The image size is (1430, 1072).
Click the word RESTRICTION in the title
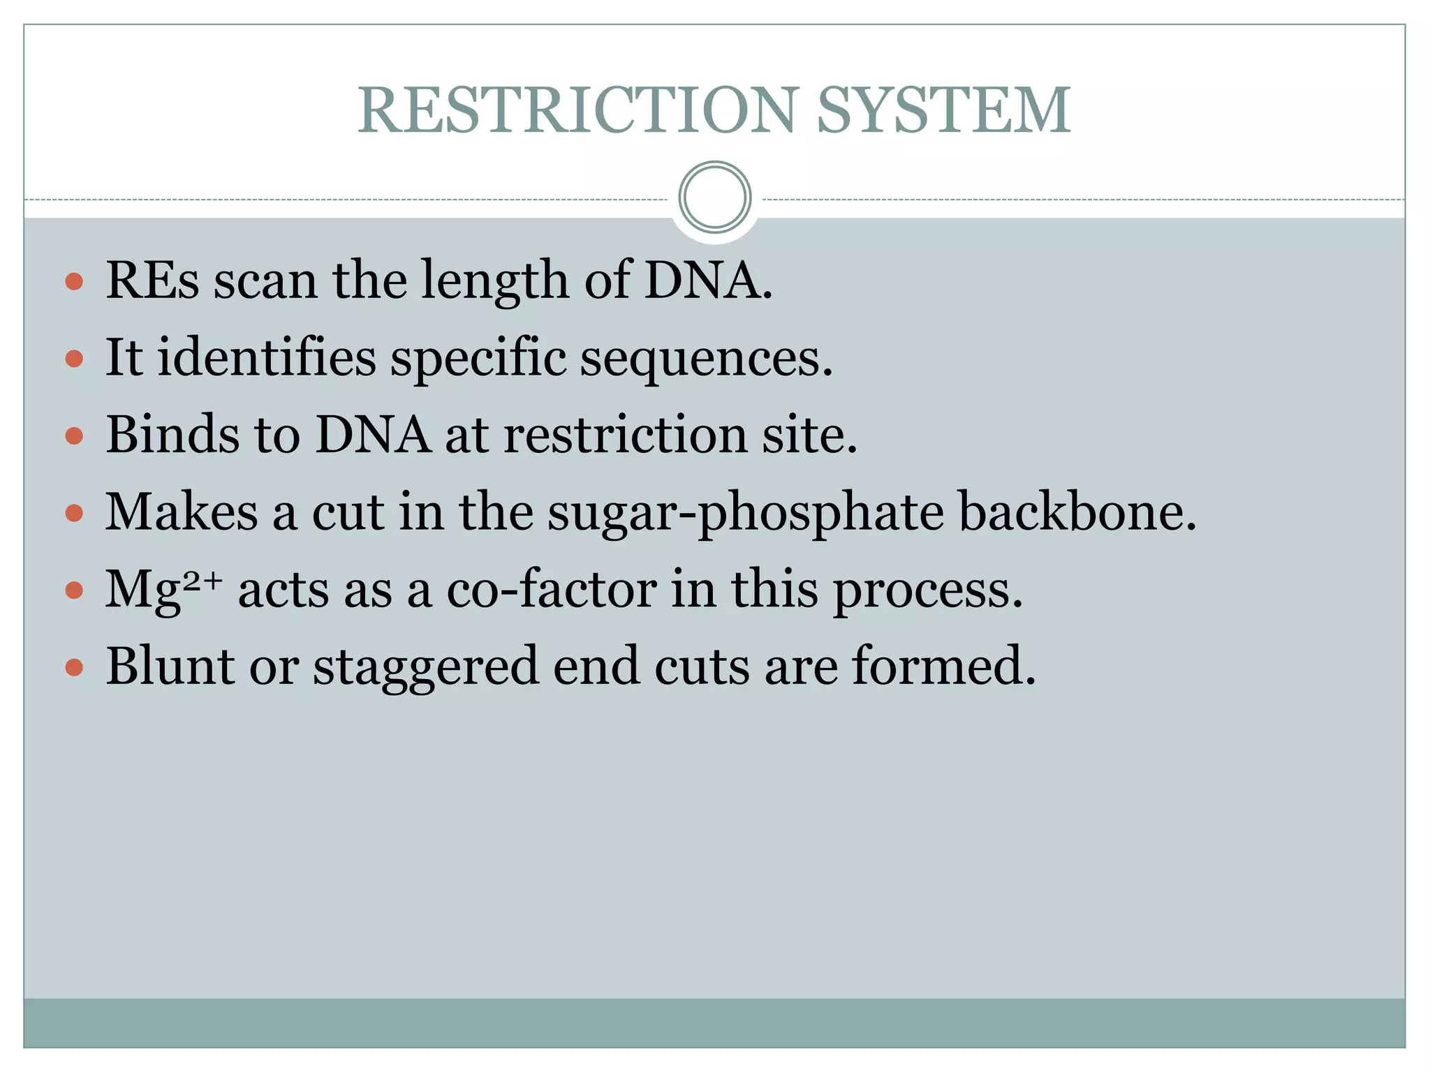tap(577, 110)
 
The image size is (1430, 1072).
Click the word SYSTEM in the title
tap(943, 110)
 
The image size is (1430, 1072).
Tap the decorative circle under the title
tap(714, 197)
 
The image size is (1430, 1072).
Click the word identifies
tap(267, 357)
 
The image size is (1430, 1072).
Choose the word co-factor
tap(552, 589)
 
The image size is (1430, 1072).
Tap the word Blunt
tap(170, 666)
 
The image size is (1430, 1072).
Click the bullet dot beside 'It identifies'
tap(74, 359)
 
